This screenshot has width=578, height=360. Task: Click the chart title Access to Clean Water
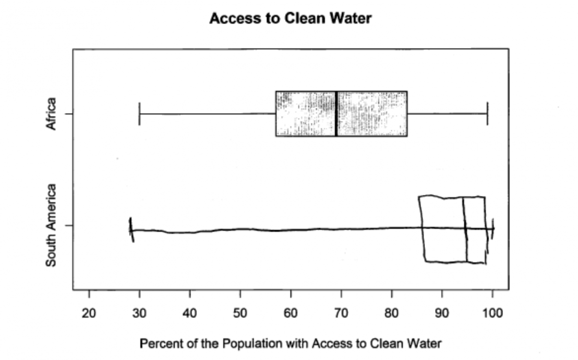pyautogui.click(x=290, y=19)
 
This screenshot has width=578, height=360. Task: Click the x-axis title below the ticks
pyautogui.click(x=290, y=344)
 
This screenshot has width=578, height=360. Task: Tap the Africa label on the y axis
pyautogui.click(x=51, y=114)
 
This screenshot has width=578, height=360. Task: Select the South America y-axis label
pyautogui.click(x=51, y=225)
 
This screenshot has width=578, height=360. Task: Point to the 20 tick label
pyautogui.click(x=89, y=313)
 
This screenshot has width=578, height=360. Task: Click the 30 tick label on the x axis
pyautogui.click(x=140, y=313)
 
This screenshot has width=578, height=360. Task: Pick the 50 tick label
pyautogui.click(x=240, y=313)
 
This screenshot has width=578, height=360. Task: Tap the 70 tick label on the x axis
pyautogui.click(x=341, y=313)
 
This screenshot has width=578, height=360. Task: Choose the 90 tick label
pyautogui.click(x=442, y=313)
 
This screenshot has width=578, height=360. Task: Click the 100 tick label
pyautogui.click(x=492, y=313)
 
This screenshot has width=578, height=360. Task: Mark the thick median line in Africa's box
pyautogui.click(x=336, y=114)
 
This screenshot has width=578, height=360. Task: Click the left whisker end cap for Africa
pyautogui.click(x=140, y=114)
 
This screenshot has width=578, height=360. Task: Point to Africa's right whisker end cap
pyautogui.click(x=487, y=114)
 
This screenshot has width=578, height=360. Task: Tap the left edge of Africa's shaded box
pyautogui.click(x=276, y=114)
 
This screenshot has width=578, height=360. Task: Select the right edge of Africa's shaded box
pyautogui.click(x=407, y=114)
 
